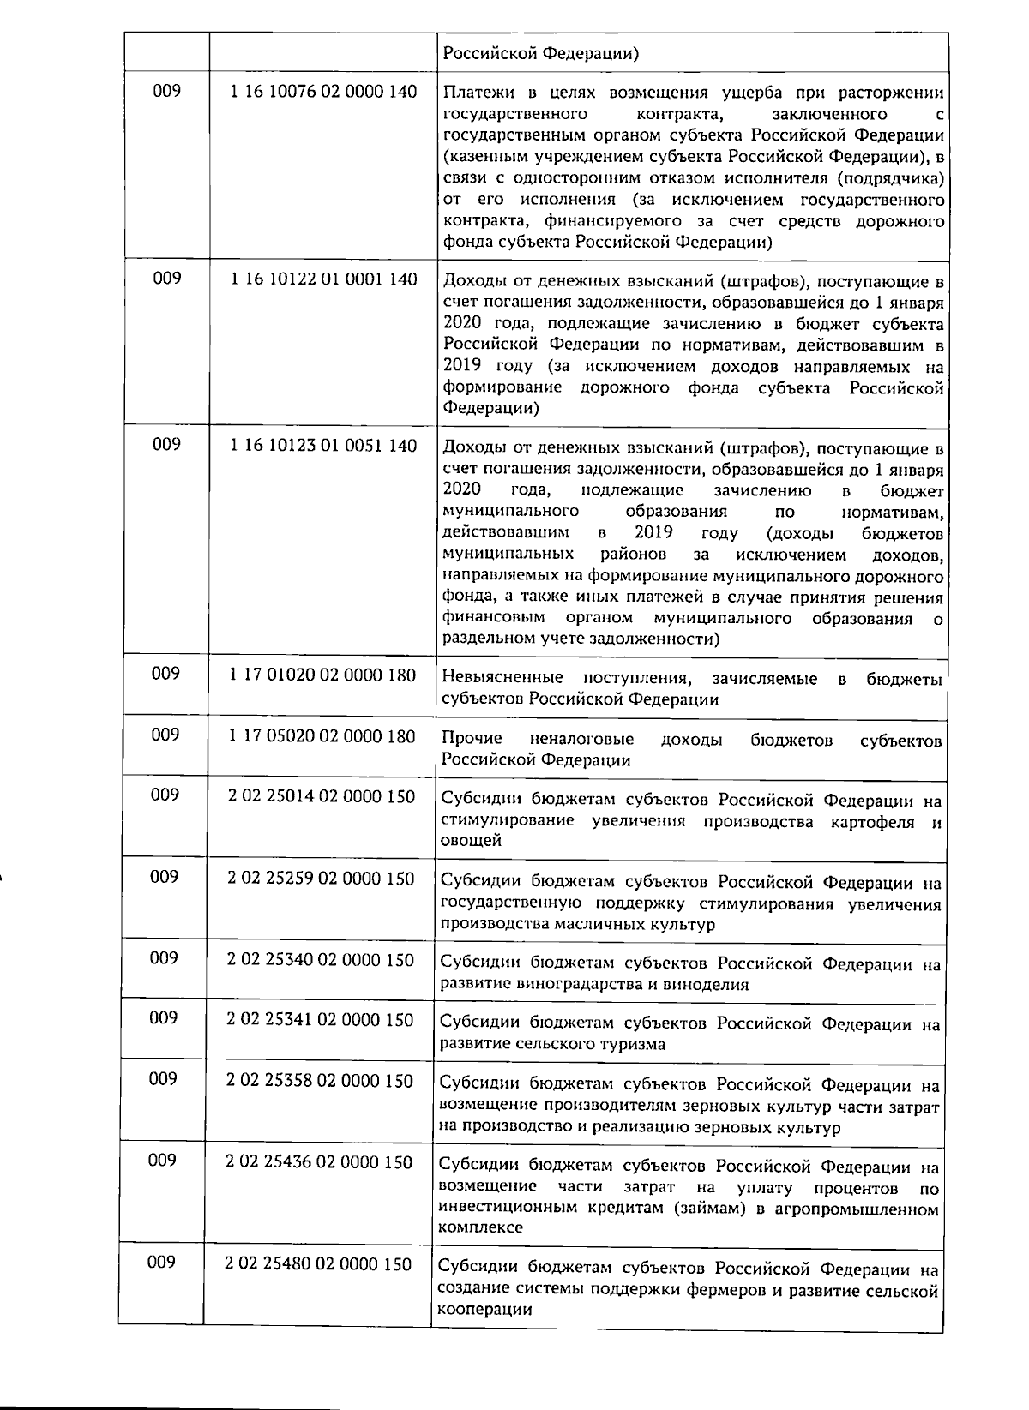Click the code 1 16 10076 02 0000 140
pyautogui.click(x=323, y=92)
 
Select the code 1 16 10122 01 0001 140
pyautogui.click(x=323, y=279)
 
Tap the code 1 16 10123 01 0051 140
pyautogui.click(x=323, y=446)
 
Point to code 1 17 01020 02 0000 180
pyautogui.click(x=322, y=675)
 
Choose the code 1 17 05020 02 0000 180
pyautogui.click(x=322, y=736)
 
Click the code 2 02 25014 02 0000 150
pyautogui.click(x=322, y=797)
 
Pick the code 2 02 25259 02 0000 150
pyautogui.click(x=321, y=879)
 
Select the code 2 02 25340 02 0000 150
pyautogui.click(x=321, y=960)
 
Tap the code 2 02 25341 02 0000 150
pyautogui.click(x=320, y=1020)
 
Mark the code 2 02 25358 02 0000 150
pyautogui.click(x=320, y=1081)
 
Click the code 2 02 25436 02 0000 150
pyautogui.click(x=319, y=1162)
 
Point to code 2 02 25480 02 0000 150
pyautogui.click(x=318, y=1264)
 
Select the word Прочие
pyautogui.click(x=472, y=740)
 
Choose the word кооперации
pyautogui.click(x=484, y=1311)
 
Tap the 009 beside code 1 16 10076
pyautogui.click(x=167, y=91)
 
